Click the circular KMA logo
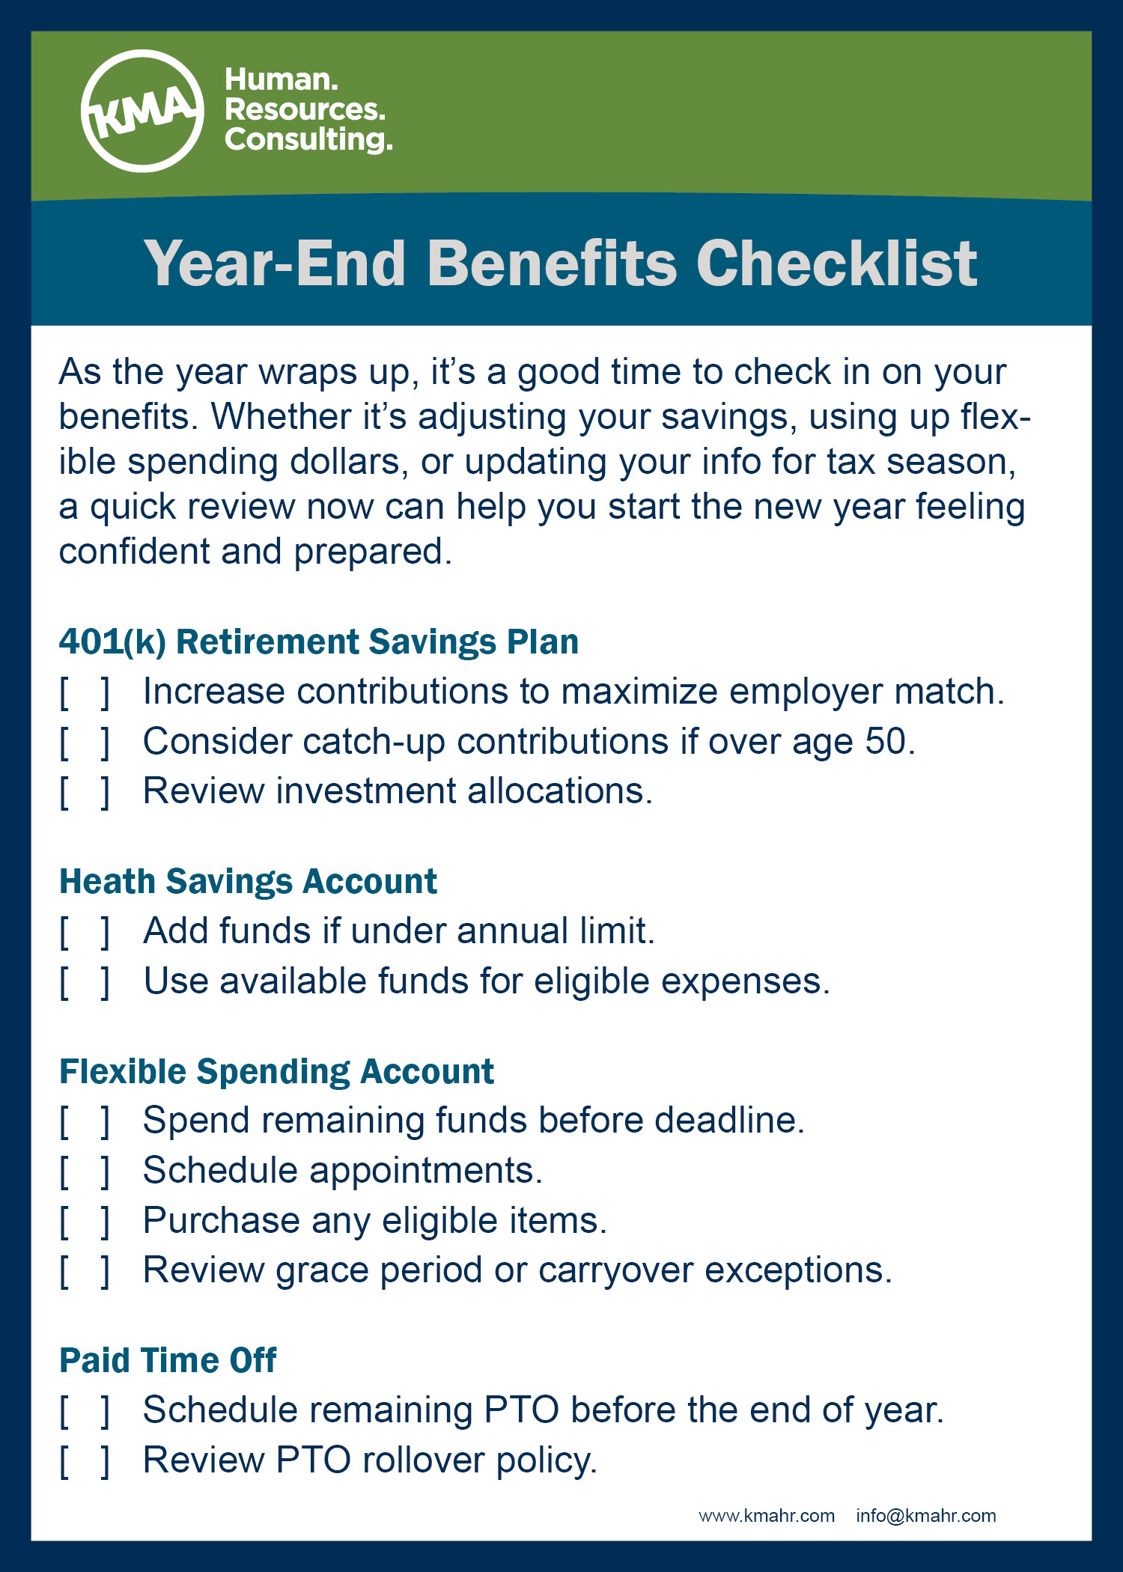pos(142,111)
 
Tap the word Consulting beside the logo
pos(308,140)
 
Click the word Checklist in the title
pos(836,263)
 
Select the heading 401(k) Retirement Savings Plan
pos(319,642)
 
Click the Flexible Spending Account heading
pos(277,1072)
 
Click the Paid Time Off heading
pos(168,1360)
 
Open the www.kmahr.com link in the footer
pos(767,1516)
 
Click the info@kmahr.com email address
pos(926,1516)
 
